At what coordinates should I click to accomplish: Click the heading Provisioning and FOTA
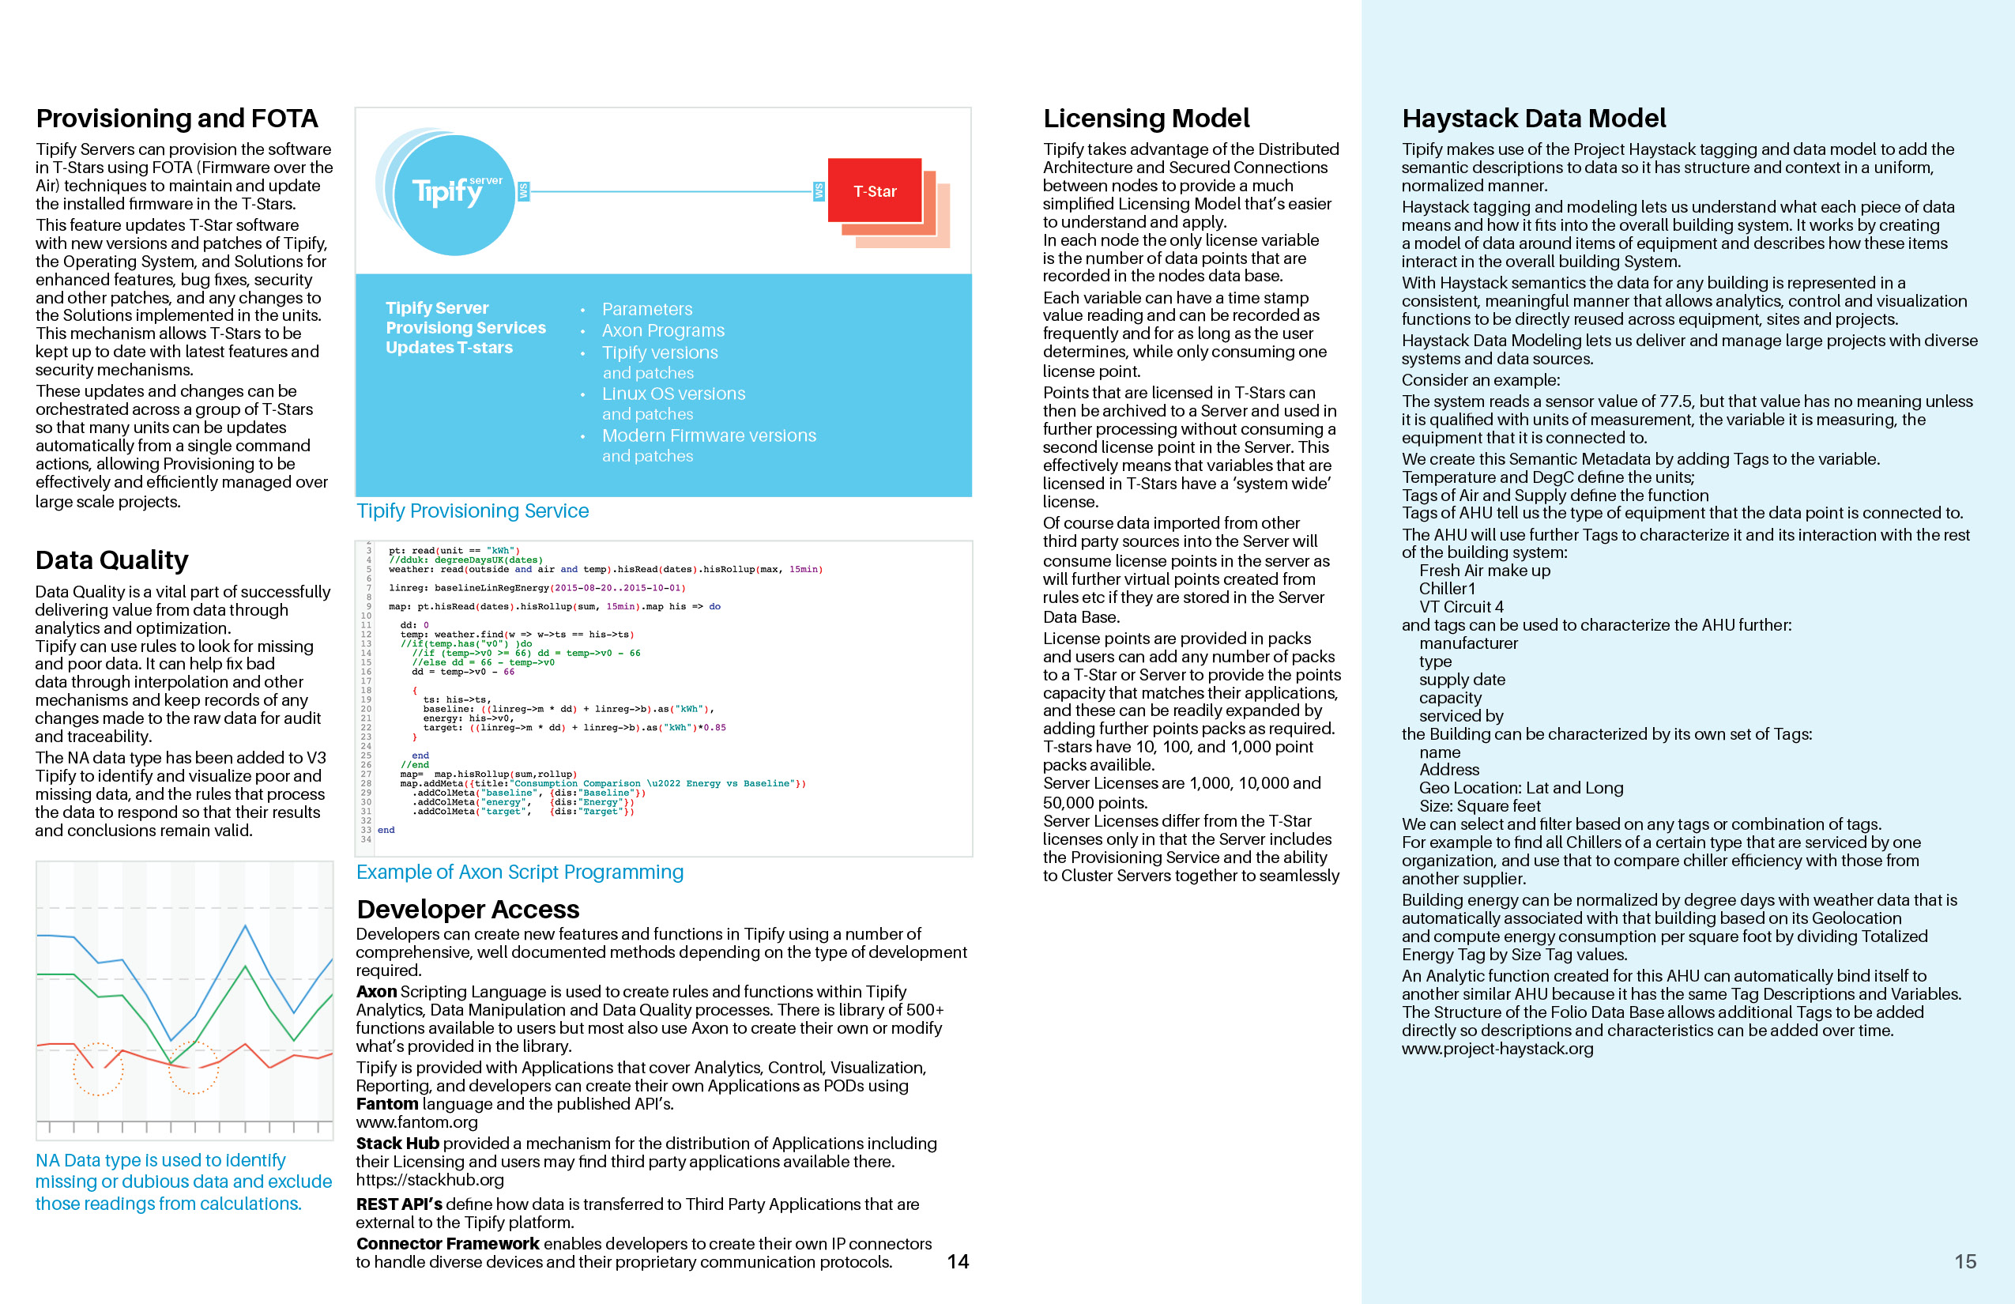click(177, 119)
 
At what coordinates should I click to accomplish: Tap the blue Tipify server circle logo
click(454, 194)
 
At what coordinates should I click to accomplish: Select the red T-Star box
click(875, 191)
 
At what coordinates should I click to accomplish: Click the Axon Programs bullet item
click(663, 330)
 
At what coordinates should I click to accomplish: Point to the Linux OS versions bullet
click(673, 394)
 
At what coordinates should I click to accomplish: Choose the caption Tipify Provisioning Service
click(473, 511)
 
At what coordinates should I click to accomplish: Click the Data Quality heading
click(111, 560)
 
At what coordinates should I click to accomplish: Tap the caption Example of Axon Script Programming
click(520, 872)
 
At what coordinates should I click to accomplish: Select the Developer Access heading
click(468, 909)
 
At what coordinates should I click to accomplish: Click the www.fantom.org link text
click(416, 1122)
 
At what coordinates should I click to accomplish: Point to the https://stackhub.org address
click(429, 1179)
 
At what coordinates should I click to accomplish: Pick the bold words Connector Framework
click(447, 1243)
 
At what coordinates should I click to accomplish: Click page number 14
click(958, 1261)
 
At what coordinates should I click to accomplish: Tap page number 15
click(1965, 1261)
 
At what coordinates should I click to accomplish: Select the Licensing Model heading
click(1147, 119)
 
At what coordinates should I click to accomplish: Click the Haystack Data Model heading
click(1533, 119)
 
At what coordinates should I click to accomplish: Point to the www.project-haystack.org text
click(1497, 1048)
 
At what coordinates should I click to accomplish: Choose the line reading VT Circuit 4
click(1461, 606)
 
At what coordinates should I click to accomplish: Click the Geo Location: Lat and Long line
click(1520, 787)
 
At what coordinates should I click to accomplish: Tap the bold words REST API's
click(399, 1204)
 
